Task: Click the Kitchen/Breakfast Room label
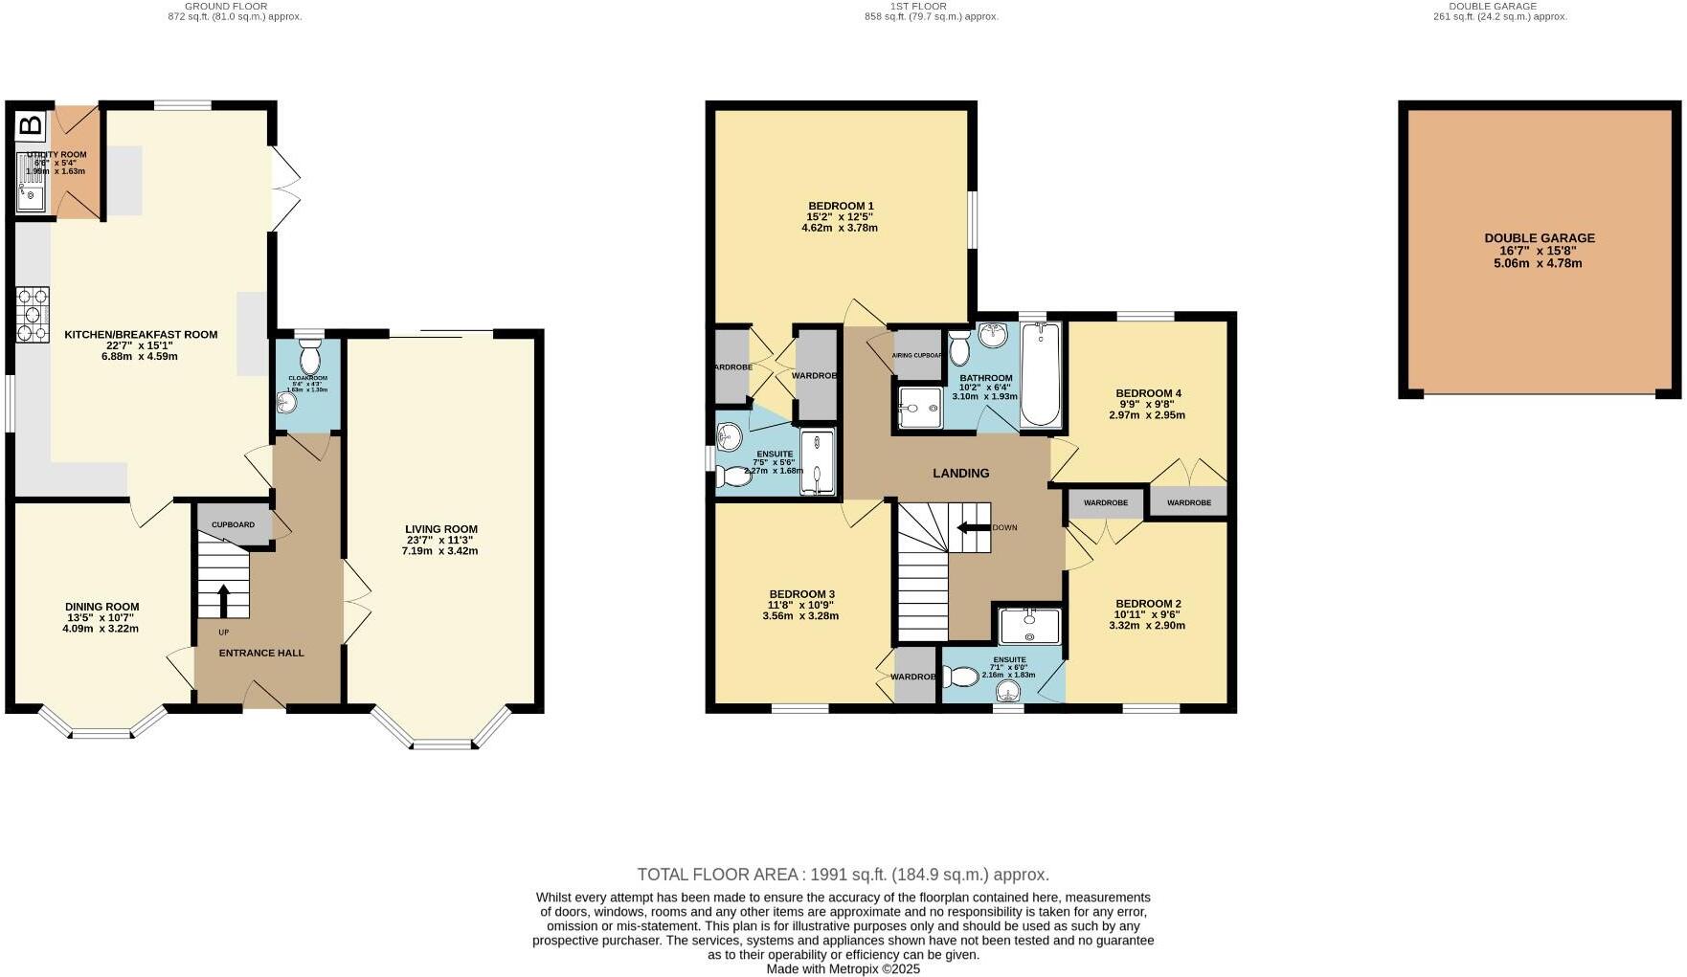click(x=141, y=335)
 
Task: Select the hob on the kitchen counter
click(x=33, y=315)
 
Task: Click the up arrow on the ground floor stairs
click(x=224, y=601)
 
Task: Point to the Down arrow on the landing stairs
click(x=974, y=527)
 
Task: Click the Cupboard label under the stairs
click(x=233, y=525)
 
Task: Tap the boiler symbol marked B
click(x=32, y=124)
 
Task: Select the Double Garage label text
click(x=1540, y=238)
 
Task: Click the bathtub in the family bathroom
click(x=1041, y=375)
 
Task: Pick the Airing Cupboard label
click(x=917, y=355)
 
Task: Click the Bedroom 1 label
click(x=841, y=206)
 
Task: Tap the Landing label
click(x=960, y=473)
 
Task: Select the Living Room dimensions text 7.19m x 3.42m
click(x=440, y=551)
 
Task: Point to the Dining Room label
click(x=101, y=607)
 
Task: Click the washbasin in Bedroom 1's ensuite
click(x=731, y=437)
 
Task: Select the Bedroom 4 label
click(x=1148, y=393)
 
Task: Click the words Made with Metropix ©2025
click(x=843, y=968)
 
